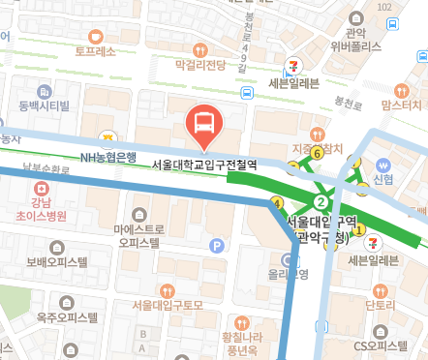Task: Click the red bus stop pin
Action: pos(204,122)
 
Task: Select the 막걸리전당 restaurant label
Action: pos(200,65)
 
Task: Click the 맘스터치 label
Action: pos(401,104)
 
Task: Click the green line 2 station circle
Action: pos(320,201)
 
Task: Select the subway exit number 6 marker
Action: pos(317,135)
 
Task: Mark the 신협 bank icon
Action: pos(383,164)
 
